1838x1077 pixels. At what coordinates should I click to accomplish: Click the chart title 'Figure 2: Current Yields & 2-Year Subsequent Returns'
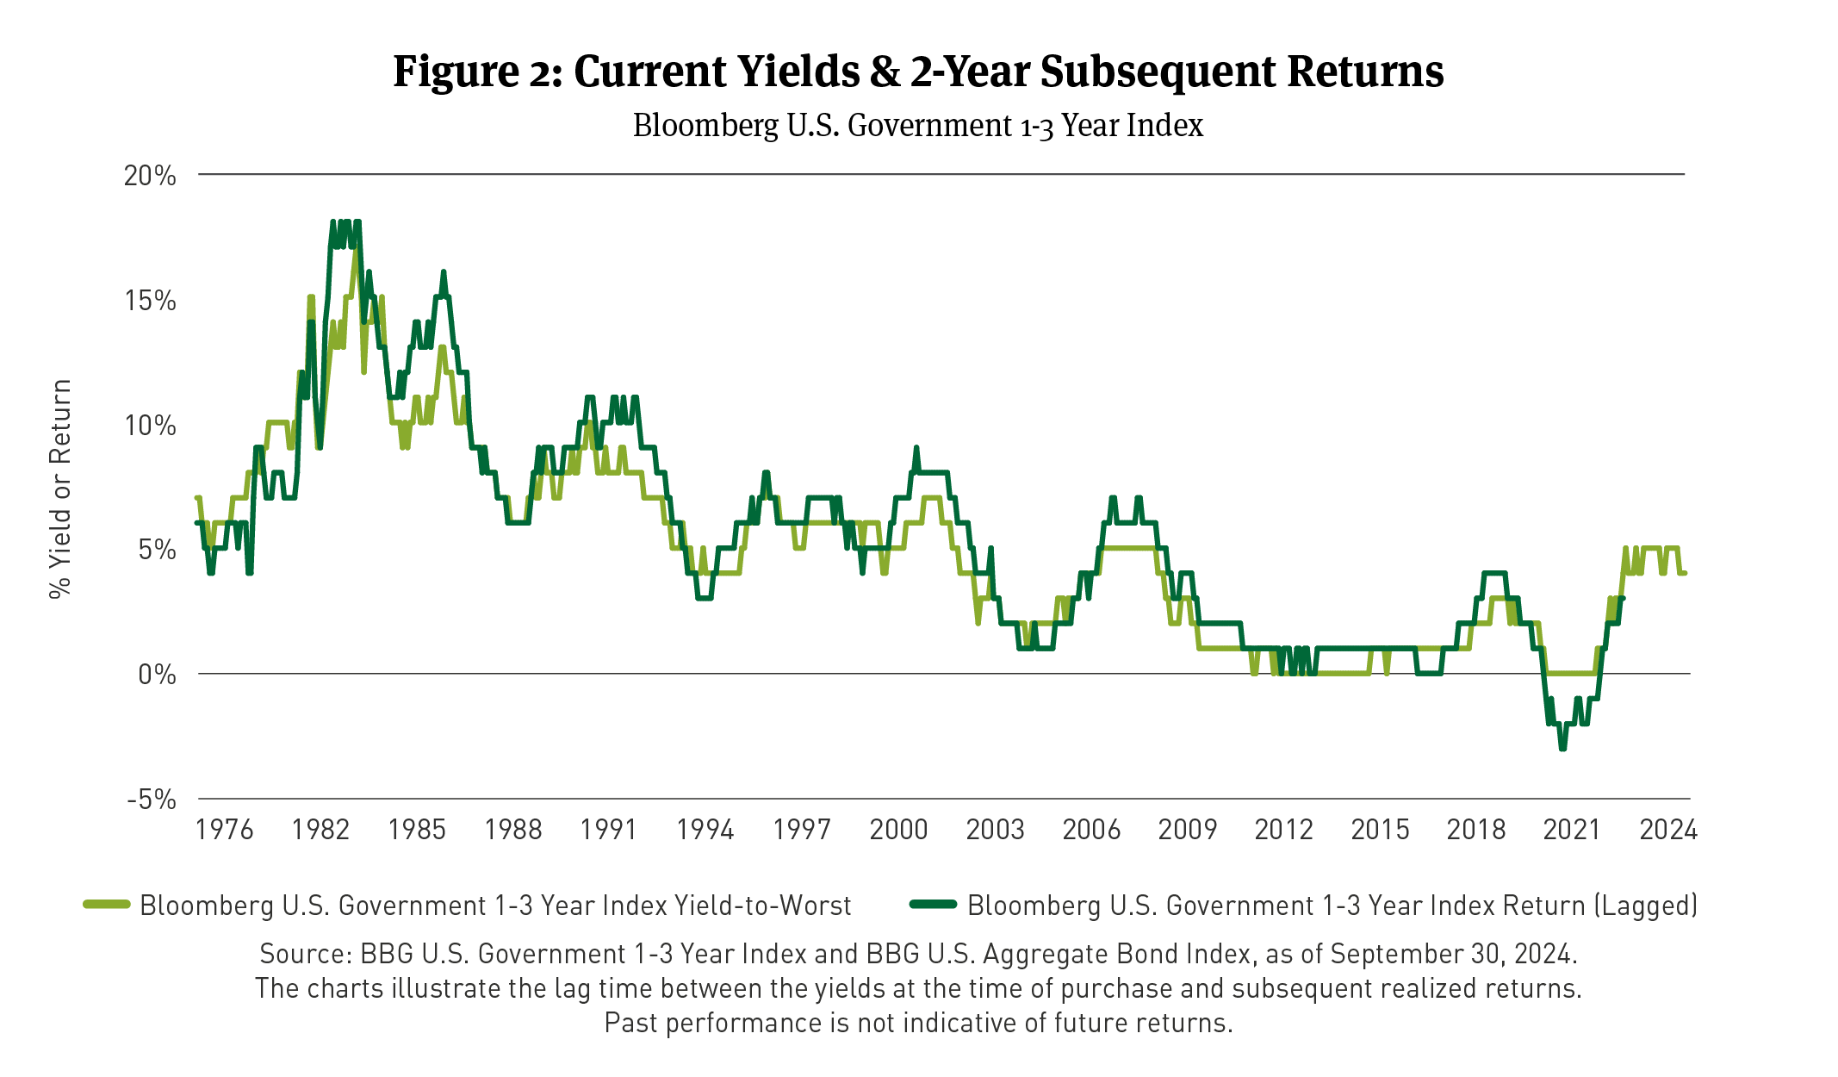[x=918, y=72]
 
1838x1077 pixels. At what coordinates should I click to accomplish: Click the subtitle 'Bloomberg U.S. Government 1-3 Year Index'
[x=918, y=126]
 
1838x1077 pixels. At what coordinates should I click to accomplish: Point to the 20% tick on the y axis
[x=150, y=176]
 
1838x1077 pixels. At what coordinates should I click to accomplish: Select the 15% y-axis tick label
[x=150, y=301]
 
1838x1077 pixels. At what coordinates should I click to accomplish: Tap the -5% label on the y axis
[x=152, y=800]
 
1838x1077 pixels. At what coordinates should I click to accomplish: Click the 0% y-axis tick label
[x=157, y=675]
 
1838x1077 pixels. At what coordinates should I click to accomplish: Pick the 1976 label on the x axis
[x=224, y=830]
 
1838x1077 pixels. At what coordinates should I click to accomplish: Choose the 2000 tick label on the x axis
[x=898, y=830]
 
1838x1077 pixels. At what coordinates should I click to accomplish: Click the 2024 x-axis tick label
[x=1668, y=830]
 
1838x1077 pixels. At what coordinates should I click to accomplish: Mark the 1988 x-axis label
[x=513, y=830]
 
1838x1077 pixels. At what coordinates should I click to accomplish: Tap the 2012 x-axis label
[x=1283, y=830]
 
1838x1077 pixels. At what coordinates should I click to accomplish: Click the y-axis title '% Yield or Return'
[x=60, y=489]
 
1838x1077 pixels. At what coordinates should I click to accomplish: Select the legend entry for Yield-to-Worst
[x=495, y=906]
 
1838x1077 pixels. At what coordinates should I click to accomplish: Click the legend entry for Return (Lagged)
[x=1332, y=906]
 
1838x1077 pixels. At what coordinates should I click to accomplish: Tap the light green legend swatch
[x=107, y=905]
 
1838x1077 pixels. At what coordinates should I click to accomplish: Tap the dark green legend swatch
[x=934, y=905]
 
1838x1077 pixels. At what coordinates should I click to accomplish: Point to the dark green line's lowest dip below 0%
[x=1562, y=748]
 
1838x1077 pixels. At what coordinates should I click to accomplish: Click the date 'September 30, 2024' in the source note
[x=1453, y=954]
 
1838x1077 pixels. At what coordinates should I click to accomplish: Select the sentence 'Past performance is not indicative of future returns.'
[x=918, y=1023]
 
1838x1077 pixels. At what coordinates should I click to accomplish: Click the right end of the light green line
[x=1684, y=573]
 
